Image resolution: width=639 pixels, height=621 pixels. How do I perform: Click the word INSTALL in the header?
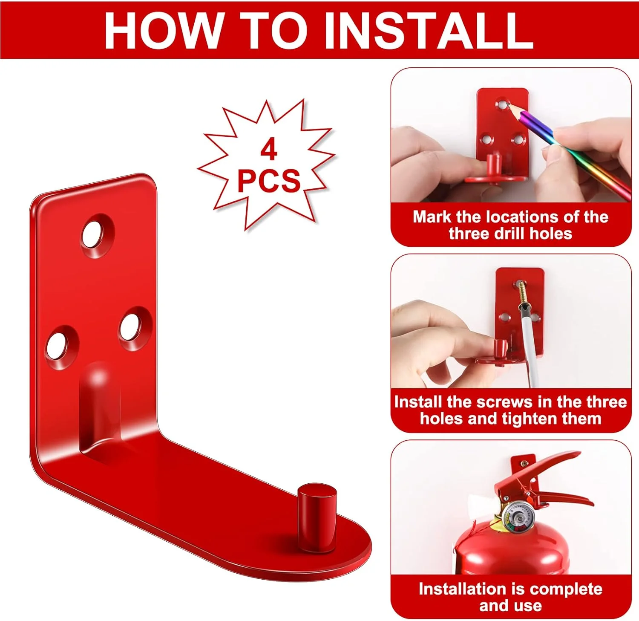pos(428,30)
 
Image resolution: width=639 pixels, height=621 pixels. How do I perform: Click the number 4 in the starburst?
pos(269,150)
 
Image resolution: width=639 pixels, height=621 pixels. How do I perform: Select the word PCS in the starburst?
pos(269,181)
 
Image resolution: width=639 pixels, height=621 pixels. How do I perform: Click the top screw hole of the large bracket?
pos(98,236)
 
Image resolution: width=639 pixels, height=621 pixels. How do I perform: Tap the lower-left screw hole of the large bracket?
pos(62,347)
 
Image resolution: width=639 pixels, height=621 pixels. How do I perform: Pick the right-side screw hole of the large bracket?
pos(135,328)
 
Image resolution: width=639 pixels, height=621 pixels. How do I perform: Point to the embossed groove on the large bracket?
pos(101,411)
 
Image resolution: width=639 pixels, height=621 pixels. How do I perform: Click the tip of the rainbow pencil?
pos(509,105)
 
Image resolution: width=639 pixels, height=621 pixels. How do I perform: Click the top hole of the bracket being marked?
pos(503,104)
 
